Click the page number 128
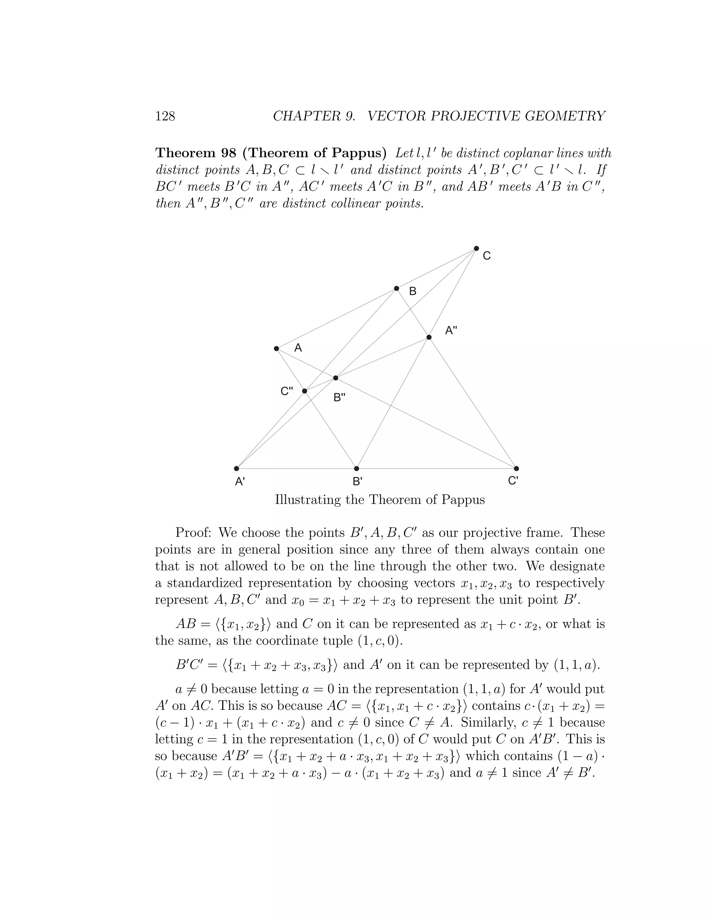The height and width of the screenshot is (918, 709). click(x=165, y=116)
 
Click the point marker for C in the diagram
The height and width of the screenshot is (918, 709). click(x=476, y=248)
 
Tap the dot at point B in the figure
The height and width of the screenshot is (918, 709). click(x=396, y=288)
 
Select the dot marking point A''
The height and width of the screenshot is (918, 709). click(x=429, y=337)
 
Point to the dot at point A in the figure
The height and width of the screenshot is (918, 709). click(x=276, y=348)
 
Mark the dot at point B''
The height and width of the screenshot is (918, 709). click(x=335, y=378)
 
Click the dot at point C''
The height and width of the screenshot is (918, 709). click(x=305, y=391)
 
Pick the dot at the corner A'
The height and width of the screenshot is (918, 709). click(x=236, y=468)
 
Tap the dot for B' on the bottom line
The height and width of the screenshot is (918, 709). click(x=357, y=468)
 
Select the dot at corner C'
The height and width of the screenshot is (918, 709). click(x=517, y=468)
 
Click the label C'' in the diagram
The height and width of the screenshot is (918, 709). click(x=287, y=391)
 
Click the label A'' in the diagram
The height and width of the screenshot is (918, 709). click(x=451, y=331)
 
